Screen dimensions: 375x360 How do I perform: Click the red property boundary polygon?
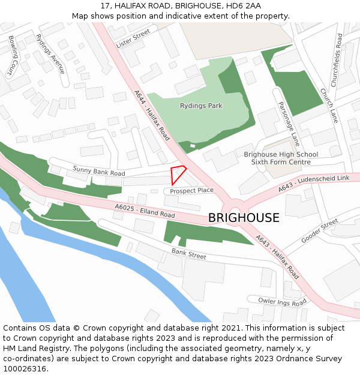pyautogui.click(x=178, y=174)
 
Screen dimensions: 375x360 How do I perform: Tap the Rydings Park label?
pyautogui.click(x=201, y=106)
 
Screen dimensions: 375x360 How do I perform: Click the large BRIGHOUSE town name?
pyautogui.click(x=244, y=218)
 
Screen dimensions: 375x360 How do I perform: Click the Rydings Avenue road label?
pyautogui.click(x=50, y=53)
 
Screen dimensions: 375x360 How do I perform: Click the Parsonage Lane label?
pyautogui.click(x=289, y=124)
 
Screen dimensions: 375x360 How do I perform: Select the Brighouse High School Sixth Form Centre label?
pyautogui.click(x=281, y=158)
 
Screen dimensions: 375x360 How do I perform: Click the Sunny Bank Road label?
pyautogui.click(x=99, y=171)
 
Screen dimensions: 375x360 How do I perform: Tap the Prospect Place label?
pyautogui.click(x=191, y=191)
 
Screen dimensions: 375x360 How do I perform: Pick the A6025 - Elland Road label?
pyautogui.click(x=145, y=211)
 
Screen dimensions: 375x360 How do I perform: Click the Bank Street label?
pyautogui.click(x=189, y=254)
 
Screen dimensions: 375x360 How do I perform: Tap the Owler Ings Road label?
pyautogui.click(x=282, y=301)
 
